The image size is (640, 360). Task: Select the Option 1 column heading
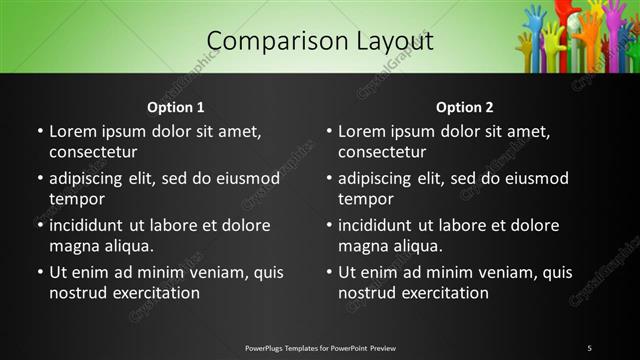[176, 107]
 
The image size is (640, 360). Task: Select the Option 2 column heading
[465, 107]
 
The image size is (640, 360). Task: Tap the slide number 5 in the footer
[589, 348]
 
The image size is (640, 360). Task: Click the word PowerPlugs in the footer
[266, 348]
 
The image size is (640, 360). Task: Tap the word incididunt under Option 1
[93, 225]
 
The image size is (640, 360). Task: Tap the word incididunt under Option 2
[382, 225]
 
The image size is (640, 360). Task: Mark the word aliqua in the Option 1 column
[126, 246]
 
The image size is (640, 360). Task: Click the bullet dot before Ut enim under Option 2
[330, 272]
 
